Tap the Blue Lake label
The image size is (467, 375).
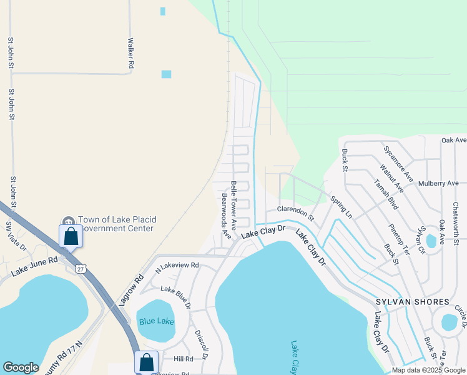(x=155, y=321)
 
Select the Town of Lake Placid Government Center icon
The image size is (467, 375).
(x=67, y=221)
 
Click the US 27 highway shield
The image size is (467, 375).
(x=79, y=268)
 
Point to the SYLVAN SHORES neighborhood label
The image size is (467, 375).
(x=412, y=302)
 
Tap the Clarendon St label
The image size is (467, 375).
(x=294, y=212)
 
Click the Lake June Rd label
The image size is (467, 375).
(x=35, y=266)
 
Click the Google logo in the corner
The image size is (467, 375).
(x=21, y=367)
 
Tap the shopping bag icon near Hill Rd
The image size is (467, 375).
(x=146, y=362)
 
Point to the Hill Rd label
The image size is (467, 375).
(x=184, y=359)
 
